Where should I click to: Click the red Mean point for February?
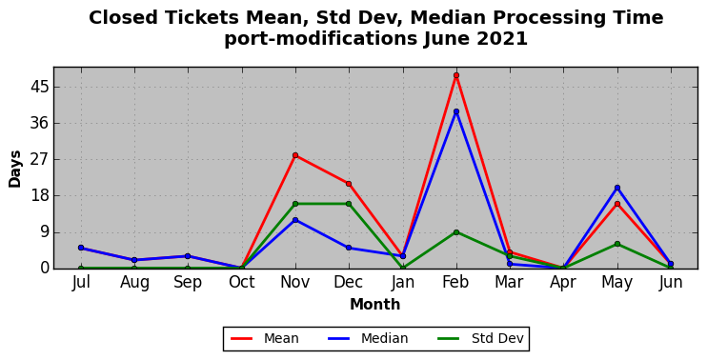(x=456, y=75)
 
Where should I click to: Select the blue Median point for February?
(x=456, y=111)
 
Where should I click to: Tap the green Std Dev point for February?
(x=456, y=232)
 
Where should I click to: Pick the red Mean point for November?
(x=295, y=155)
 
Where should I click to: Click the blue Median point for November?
(x=295, y=220)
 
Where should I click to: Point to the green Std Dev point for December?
(x=349, y=204)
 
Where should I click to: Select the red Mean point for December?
(x=349, y=184)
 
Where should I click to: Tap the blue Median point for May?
(x=617, y=188)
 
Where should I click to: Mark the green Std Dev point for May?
(x=617, y=244)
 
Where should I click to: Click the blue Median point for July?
(x=81, y=248)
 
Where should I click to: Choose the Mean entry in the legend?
(x=265, y=338)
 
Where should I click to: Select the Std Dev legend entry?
(x=480, y=338)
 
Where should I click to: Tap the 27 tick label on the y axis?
(x=39, y=159)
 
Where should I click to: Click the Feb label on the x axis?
(x=455, y=282)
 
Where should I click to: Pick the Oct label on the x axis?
(x=242, y=282)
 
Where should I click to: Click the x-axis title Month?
(x=375, y=305)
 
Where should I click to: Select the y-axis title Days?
(x=15, y=169)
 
